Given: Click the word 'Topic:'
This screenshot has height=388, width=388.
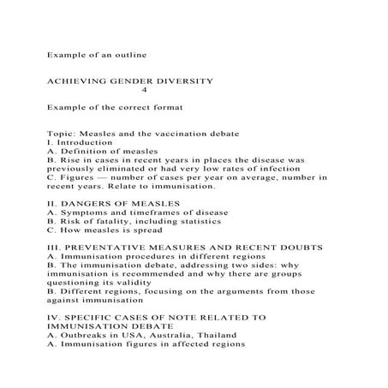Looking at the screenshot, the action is point(63,134).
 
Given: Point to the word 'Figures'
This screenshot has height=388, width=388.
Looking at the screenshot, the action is point(76,177).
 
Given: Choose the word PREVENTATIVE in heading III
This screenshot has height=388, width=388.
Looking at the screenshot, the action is point(102,248).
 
